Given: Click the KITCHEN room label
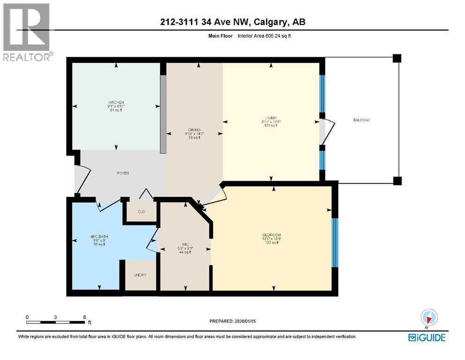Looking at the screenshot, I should click(x=116, y=102).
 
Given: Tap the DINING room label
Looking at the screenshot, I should click(x=194, y=130).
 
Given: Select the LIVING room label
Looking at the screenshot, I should click(x=271, y=118).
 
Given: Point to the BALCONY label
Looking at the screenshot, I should click(x=362, y=120).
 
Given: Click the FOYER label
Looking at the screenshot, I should click(x=123, y=173).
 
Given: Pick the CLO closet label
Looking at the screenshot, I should click(x=141, y=212).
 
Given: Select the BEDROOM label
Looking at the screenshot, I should click(x=271, y=234).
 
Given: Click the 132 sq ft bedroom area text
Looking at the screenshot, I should click(x=271, y=243).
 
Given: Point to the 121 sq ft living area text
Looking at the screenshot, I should click(x=271, y=126).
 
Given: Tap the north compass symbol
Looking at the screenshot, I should click(x=429, y=317).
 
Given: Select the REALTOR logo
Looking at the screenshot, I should click(x=27, y=32).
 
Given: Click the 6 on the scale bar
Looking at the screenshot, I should click(x=84, y=317).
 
